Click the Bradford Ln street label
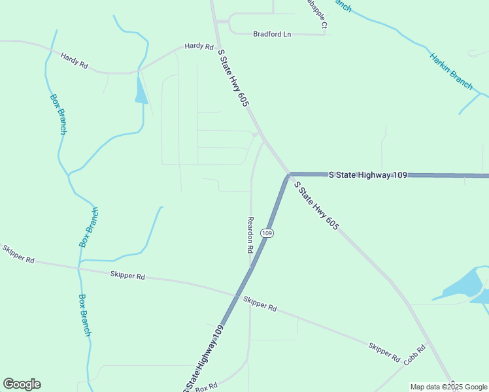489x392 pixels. pyautogui.click(x=271, y=34)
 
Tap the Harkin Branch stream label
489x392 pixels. pyautogui.click(x=451, y=71)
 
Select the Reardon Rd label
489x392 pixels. pyautogui.click(x=250, y=235)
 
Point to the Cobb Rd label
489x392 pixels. pyautogui.click(x=414, y=356)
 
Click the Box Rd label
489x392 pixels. pyautogui.click(x=205, y=387)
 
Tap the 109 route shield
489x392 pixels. pyautogui.click(x=266, y=233)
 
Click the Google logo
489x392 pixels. pyautogui.click(x=22, y=384)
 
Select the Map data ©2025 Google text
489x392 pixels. pyautogui.click(x=448, y=387)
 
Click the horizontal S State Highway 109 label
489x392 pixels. pyautogui.click(x=368, y=175)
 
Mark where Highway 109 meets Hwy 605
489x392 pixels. pyautogui.click(x=288, y=175)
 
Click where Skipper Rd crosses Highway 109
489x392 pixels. pyautogui.click(x=235, y=295)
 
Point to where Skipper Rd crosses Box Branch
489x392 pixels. pyautogui.click(x=78, y=267)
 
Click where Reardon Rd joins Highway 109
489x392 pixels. pyautogui.click(x=251, y=267)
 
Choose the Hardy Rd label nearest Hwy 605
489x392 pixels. pyautogui.click(x=199, y=46)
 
